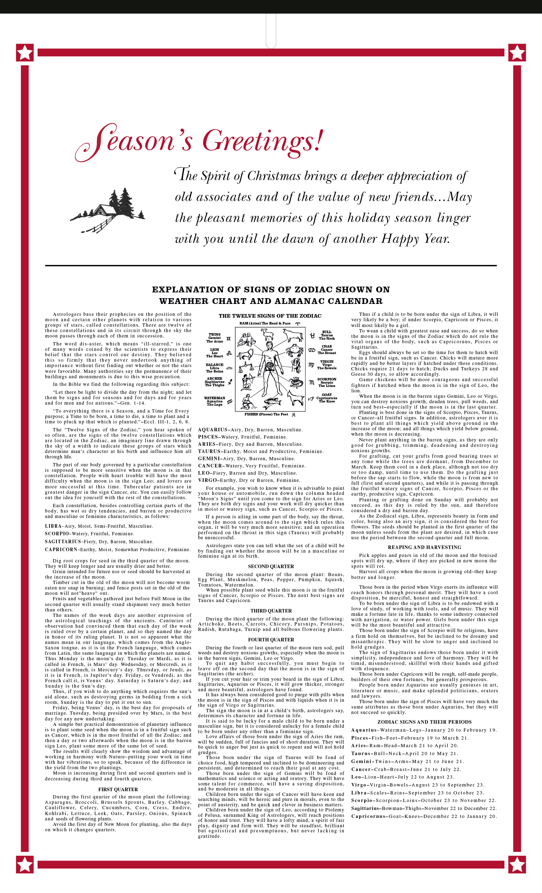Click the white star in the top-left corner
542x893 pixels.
(25, 53)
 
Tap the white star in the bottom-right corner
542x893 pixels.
(517, 864)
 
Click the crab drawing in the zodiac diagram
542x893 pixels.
(293, 351)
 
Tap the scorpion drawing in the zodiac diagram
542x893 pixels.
(296, 382)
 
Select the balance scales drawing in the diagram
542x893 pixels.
(246, 367)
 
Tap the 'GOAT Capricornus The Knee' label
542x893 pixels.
(327, 398)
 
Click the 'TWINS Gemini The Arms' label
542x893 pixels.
(214, 338)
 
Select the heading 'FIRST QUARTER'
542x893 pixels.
(118, 789)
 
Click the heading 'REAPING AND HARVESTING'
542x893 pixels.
(425, 547)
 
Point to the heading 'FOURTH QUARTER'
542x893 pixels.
(271, 640)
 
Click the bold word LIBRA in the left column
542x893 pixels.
(53, 526)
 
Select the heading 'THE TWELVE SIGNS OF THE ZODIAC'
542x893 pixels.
(270, 316)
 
